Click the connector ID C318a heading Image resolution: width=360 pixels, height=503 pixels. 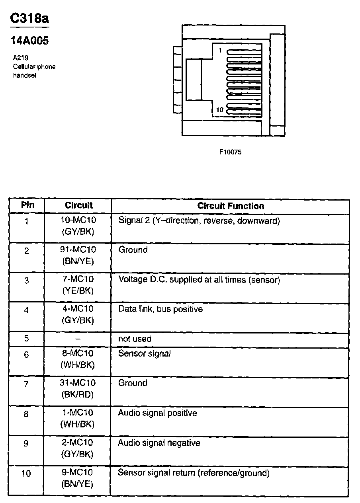click(29, 19)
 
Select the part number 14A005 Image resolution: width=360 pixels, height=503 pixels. click(29, 41)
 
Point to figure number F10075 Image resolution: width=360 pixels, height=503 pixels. click(230, 152)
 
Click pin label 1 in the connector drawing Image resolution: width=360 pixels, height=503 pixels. click(220, 51)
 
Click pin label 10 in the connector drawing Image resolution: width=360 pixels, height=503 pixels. click(219, 110)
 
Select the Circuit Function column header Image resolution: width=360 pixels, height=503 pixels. click(231, 206)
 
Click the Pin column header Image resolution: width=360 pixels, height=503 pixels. click(27, 205)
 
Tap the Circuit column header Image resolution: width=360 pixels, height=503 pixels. click(78, 205)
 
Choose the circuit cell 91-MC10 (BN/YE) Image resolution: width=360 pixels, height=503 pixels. click(78, 255)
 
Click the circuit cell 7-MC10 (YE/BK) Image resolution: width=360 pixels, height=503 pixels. click(78, 285)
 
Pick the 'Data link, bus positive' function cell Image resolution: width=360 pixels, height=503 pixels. click(160, 309)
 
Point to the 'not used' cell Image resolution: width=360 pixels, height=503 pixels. click(135, 339)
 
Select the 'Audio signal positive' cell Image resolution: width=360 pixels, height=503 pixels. click(157, 413)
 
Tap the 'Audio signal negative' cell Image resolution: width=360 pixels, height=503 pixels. click(159, 443)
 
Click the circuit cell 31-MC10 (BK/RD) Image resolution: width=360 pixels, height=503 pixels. click(78, 389)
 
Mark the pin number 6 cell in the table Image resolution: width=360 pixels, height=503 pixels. click(27, 355)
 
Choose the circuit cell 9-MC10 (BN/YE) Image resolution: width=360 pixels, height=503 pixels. click(78, 478)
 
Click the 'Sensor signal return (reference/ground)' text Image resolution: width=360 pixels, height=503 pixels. click(194, 473)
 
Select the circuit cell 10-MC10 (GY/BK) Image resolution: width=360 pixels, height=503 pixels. click(78, 226)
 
